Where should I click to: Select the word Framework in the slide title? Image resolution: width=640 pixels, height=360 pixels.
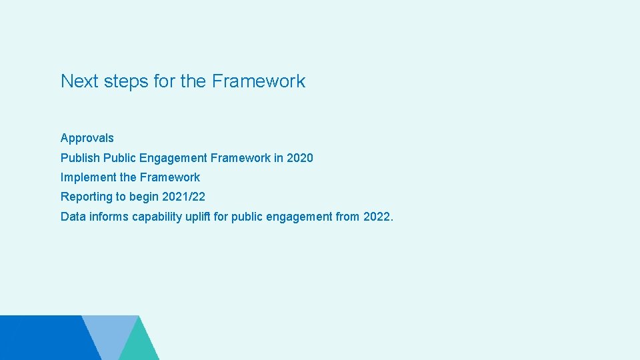pos(259,81)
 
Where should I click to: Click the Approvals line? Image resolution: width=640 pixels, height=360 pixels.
pos(87,139)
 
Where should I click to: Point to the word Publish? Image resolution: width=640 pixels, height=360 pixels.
pos(80,158)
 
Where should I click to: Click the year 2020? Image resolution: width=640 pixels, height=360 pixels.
pos(299,158)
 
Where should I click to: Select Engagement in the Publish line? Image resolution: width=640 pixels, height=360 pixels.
pos(173,158)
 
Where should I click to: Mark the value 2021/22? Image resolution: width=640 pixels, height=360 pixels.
pos(183,197)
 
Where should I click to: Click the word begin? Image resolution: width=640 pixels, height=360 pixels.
pos(145,197)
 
